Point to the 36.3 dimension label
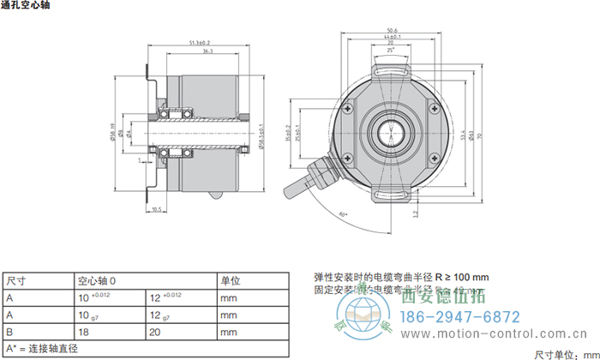(x=208, y=52)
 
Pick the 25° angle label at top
(x=391, y=51)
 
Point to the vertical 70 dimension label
(x=491, y=135)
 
